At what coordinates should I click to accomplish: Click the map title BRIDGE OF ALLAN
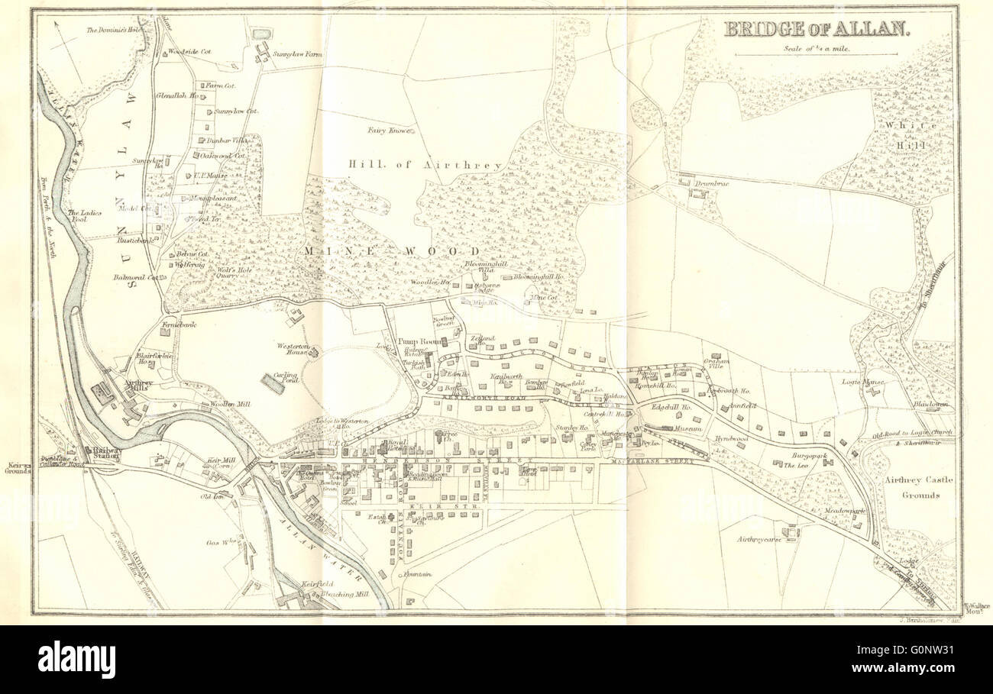[x=817, y=30]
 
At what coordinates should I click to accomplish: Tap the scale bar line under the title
[x=816, y=55]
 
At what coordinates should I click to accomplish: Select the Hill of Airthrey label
[x=425, y=165]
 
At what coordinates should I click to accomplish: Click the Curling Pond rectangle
[x=273, y=383]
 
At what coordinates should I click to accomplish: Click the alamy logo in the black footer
[x=76, y=659]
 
